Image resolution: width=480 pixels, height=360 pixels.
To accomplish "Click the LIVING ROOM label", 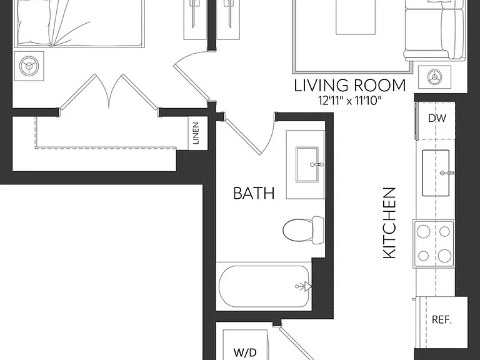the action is coord(350,86).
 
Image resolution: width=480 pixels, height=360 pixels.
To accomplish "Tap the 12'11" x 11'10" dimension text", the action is coord(350,101).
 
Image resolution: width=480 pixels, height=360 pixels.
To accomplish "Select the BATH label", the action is coord(254,194).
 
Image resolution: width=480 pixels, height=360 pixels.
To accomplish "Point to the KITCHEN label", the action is coord(389,223).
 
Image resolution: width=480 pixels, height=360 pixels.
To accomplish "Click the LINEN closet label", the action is coord(196,133).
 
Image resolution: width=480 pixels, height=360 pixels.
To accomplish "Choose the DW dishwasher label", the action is coord(437,118).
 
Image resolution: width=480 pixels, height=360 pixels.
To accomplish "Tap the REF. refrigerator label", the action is coord(442,320).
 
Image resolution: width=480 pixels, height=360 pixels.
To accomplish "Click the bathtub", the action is coord(264,286).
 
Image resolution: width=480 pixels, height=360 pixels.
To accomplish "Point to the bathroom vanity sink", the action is coord(307,164).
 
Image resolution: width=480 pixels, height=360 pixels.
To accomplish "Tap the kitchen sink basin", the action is coord(436,173).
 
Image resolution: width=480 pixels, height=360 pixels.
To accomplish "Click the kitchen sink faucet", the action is coord(447,173).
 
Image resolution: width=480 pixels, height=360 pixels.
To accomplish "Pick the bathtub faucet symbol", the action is coord(304,286).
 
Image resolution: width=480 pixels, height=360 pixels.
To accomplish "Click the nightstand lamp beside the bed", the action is coord(29,66).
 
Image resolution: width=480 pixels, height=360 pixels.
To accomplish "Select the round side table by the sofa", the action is coord(434,75).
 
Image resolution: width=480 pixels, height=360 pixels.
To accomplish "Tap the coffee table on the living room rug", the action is coord(356,17).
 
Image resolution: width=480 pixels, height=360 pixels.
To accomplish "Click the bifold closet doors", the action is coord(109,92).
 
